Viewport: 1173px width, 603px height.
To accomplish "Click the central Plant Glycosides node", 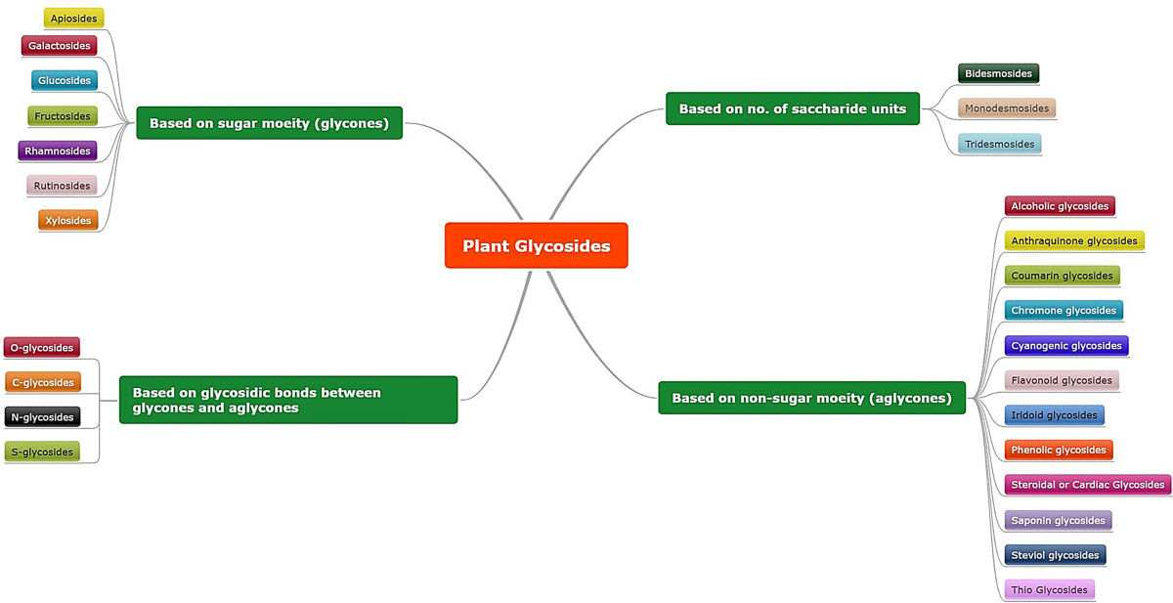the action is click(536, 245).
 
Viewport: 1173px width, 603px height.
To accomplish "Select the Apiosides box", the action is click(73, 19).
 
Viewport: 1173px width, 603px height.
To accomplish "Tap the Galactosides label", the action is click(59, 46).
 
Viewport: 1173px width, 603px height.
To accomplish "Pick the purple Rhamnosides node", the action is click(57, 151).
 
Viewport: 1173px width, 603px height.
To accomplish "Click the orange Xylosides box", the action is click(67, 221).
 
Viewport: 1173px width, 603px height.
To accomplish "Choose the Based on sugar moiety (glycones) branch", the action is click(269, 123).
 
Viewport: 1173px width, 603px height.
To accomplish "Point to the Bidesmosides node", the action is click(997, 73).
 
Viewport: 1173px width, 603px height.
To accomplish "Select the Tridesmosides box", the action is click(999, 144).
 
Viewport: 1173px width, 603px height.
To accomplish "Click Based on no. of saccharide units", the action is click(792, 108).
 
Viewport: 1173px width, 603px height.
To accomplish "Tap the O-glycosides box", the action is click(41, 348).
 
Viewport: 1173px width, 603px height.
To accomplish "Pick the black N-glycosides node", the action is click(42, 417).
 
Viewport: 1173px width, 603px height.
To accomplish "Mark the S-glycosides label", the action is click(42, 452).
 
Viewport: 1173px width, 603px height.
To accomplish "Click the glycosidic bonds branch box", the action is click(287, 400).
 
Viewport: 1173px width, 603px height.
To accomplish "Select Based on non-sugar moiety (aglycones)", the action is click(811, 398).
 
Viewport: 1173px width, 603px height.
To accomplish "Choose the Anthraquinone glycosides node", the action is click(1073, 240).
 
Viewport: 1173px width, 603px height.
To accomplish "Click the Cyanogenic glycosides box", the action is click(1065, 346).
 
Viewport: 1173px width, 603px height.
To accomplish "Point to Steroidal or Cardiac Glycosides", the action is click(1087, 485).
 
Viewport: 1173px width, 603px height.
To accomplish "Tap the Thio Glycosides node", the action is click(1049, 589).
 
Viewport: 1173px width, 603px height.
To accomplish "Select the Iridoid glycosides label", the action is click(1054, 415).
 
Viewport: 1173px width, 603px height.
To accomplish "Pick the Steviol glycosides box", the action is click(1055, 555).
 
